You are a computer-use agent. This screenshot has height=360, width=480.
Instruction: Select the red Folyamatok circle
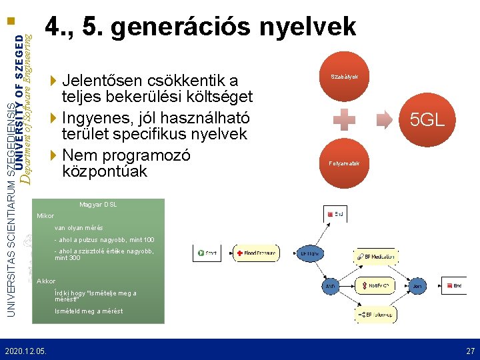[345, 163]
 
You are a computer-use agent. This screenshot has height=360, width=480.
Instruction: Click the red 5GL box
[427, 120]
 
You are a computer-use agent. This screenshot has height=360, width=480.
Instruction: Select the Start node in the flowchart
[208, 253]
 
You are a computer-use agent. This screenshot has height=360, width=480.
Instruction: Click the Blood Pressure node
[257, 253]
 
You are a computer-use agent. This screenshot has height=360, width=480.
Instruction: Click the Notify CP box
[377, 285]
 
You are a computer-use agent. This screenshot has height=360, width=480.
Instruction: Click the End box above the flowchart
[335, 214]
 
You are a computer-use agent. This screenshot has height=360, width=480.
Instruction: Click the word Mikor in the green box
[46, 216]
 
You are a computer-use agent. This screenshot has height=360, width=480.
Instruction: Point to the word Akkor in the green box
[47, 281]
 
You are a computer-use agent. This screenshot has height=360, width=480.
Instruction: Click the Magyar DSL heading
[98, 204]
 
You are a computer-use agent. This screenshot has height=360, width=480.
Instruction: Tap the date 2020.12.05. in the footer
[25, 350]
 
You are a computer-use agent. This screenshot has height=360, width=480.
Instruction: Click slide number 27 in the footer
[470, 350]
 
